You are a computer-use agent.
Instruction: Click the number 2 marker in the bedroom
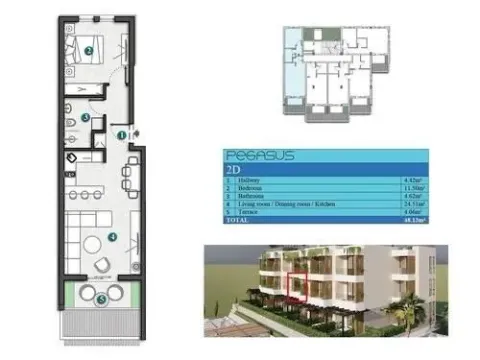(x=89, y=49)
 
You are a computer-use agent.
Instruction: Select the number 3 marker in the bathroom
(x=87, y=117)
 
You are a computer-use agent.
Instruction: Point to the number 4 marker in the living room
(x=113, y=237)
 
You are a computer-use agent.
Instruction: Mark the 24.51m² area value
(x=408, y=204)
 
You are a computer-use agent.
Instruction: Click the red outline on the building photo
(x=297, y=285)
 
